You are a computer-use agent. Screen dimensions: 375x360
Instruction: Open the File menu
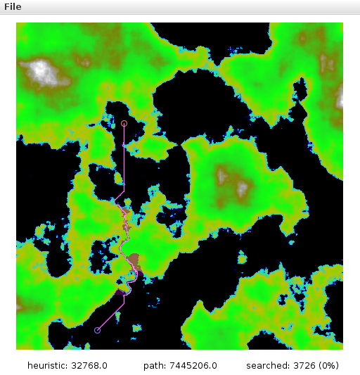pos(13,6)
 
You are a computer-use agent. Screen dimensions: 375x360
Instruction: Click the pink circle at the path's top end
pos(124,124)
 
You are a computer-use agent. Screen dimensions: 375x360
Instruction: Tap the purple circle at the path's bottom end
pos(97,330)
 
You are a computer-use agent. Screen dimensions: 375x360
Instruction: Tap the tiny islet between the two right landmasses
pos(243,260)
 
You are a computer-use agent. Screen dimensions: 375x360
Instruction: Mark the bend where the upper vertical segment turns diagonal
pos(124,189)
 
